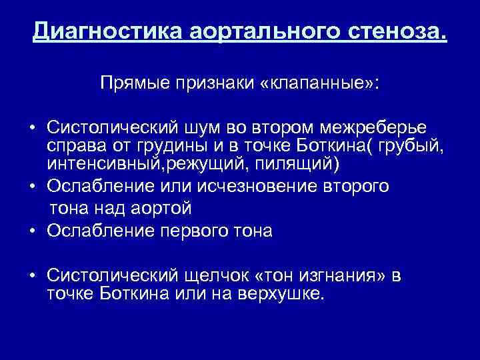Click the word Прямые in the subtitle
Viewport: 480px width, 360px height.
pyautogui.click(x=134, y=85)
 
